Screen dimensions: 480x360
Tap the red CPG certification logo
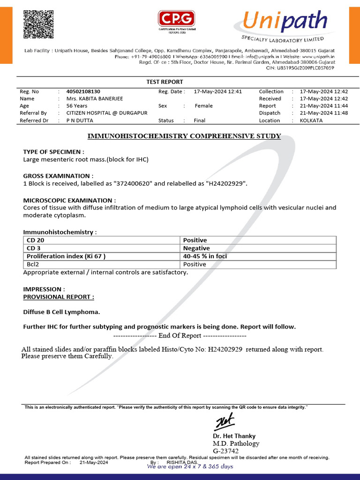(176, 19)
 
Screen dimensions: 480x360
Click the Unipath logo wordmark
(284, 22)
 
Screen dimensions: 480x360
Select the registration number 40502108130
(83, 91)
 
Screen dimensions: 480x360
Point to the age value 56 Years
(77, 106)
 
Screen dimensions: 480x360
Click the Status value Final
(200, 120)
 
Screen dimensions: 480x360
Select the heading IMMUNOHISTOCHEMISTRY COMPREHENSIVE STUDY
(184, 136)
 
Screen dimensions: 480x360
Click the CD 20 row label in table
(36, 240)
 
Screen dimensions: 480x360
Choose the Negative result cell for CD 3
(196, 248)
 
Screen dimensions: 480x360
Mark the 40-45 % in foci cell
(205, 256)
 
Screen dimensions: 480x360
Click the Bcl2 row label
(33, 264)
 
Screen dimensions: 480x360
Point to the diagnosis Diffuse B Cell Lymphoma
(61, 312)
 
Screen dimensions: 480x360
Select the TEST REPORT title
(165, 82)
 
